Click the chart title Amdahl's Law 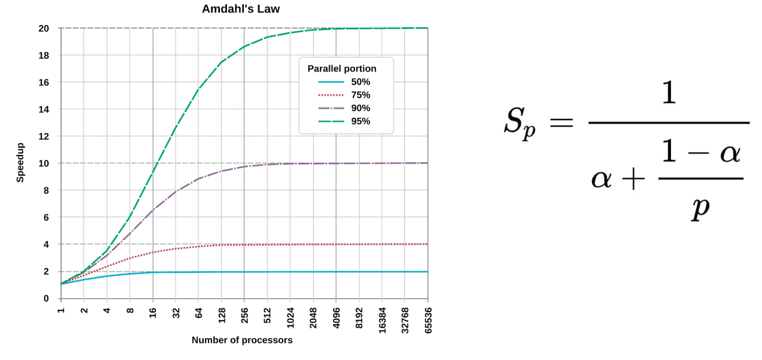point(241,9)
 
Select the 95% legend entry point(360,121)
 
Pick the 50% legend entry point(360,82)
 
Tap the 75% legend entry point(360,95)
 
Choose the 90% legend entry point(360,108)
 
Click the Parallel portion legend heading point(342,69)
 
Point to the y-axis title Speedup point(20,163)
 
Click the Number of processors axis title point(242,340)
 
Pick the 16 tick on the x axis point(153,312)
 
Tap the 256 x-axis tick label point(244,315)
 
